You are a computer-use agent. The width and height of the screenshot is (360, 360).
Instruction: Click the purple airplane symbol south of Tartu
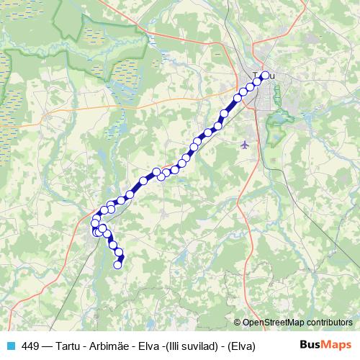pos(246,145)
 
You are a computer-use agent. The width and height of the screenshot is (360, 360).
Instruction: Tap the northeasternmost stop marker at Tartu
pos(264,76)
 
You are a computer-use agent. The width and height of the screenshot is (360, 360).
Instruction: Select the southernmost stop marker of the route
pos(118,265)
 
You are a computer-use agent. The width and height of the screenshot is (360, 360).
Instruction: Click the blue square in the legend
pos(11,346)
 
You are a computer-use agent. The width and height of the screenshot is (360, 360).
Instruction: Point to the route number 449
pos(31,346)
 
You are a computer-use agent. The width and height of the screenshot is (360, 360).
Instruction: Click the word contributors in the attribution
pos(331,323)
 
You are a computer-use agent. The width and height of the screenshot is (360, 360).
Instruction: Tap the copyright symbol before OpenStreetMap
pos(238,323)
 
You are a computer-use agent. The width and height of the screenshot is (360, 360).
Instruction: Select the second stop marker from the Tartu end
pos(257,82)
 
